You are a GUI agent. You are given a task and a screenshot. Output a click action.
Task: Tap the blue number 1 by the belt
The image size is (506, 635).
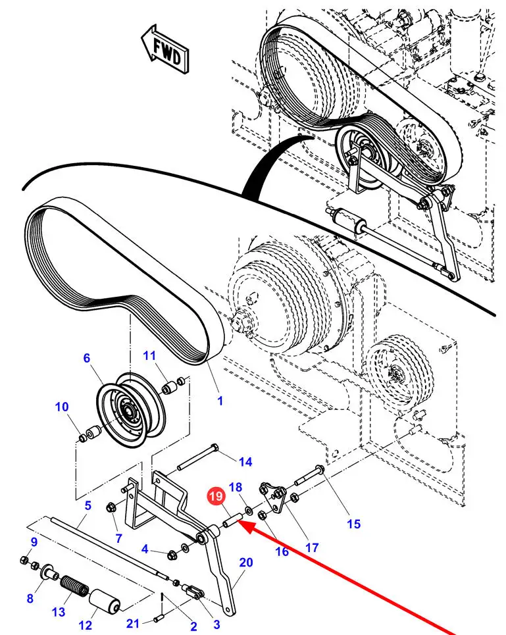(220, 400)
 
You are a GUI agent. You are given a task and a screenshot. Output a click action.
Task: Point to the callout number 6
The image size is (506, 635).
(86, 358)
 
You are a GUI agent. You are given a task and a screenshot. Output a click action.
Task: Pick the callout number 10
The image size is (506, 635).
(62, 407)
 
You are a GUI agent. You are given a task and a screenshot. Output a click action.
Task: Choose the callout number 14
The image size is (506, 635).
(245, 462)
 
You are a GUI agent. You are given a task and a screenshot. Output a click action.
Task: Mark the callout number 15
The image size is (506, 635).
(354, 524)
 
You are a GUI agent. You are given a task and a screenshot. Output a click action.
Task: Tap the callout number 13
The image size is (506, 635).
(59, 612)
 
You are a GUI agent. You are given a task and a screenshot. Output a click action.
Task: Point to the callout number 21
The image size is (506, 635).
(134, 623)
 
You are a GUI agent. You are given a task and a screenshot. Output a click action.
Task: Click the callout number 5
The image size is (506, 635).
(87, 506)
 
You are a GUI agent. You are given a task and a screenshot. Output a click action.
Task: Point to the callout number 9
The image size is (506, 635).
(34, 542)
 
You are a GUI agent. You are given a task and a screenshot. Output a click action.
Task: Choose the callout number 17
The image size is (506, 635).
(311, 547)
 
